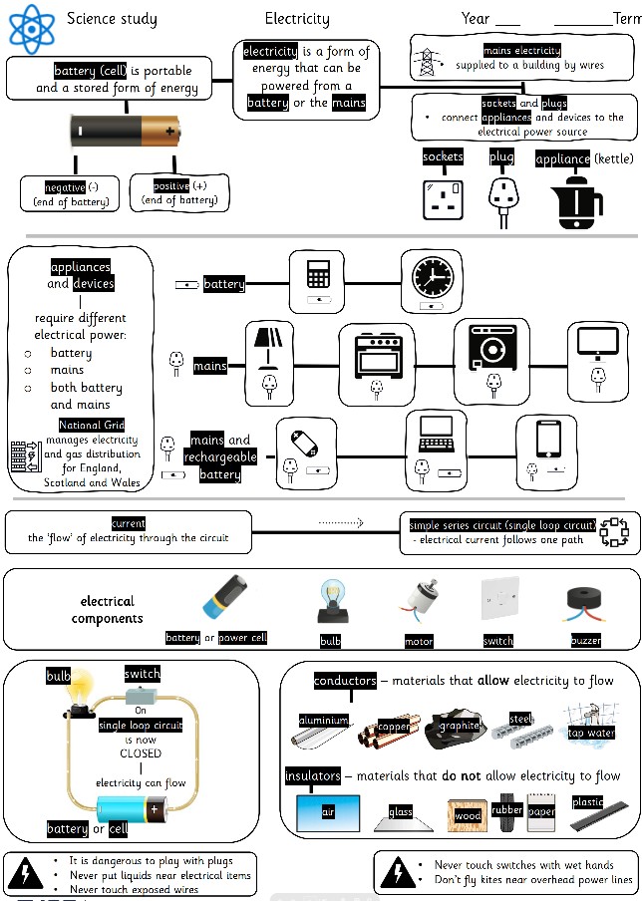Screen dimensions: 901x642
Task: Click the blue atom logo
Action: click(x=31, y=28)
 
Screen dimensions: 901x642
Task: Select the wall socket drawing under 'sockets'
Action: click(x=444, y=198)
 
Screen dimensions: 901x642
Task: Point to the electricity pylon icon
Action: click(x=428, y=61)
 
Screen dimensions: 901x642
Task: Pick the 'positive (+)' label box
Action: click(x=179, y=191)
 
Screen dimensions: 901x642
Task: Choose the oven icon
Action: click(x=377, y=352)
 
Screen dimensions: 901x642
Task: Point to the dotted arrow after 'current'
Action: click(x=342, y=521)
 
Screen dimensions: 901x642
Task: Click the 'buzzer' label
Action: click(x=586, y=640)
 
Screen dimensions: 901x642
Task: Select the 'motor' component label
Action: click(x=419, y=641)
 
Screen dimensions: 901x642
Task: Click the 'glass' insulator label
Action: click(x=401, y=812)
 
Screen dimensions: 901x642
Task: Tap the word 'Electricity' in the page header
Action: click(x=297, y=19)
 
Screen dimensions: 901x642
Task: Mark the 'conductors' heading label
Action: click(x=345, y=681)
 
